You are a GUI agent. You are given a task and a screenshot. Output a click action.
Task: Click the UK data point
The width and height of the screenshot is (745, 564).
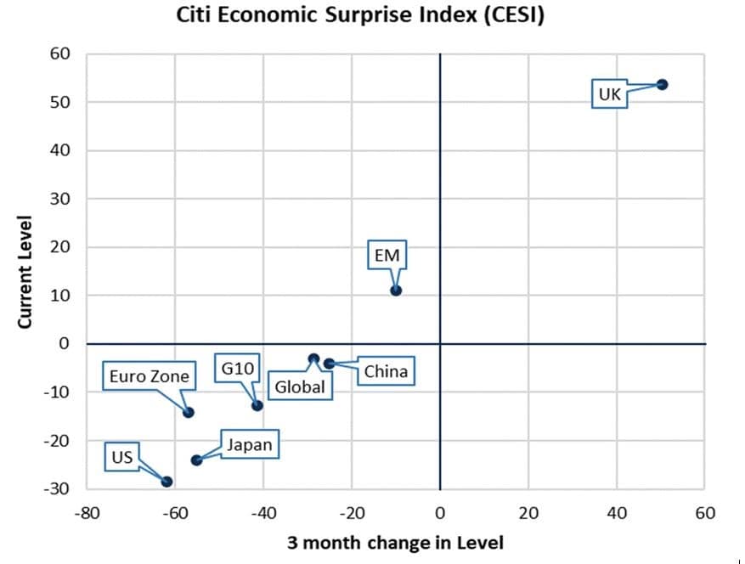point(662,84)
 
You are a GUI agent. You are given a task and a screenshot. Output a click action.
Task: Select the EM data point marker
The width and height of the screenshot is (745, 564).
point(396,290)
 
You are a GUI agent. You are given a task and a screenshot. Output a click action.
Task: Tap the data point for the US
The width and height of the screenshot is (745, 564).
point(166,482)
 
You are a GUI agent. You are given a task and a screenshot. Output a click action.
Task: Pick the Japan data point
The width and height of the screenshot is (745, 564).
point(196,460)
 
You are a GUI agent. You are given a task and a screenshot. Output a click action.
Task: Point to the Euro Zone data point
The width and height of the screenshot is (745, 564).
point(189,413)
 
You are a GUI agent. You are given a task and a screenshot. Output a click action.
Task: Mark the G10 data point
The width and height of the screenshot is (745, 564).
point(257,405)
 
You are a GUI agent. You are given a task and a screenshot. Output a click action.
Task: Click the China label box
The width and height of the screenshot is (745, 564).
point(385,372)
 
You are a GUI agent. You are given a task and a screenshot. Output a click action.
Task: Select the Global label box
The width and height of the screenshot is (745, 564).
point(301,387)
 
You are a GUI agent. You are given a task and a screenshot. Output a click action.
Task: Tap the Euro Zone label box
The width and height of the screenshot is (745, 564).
point(150,375)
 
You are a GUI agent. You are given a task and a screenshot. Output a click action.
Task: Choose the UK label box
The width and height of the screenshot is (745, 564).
point(609,94)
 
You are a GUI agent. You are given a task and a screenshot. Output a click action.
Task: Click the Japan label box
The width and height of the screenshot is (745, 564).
point(250,444)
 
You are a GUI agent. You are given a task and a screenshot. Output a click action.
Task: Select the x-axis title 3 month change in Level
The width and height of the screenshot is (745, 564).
point(395,543)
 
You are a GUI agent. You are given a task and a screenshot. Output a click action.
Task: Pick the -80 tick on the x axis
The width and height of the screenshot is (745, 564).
point(87,513)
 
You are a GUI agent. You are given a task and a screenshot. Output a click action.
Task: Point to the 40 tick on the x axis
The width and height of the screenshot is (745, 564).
point(616,513)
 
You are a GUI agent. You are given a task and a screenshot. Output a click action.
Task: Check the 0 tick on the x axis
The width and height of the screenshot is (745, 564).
point(440,513)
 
